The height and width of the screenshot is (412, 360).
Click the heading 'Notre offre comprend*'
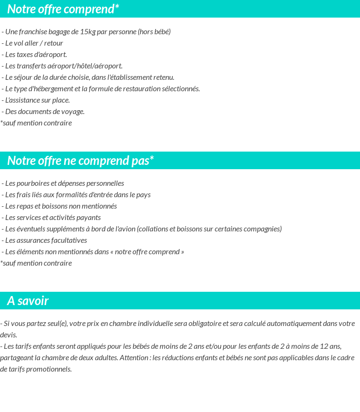(x=63, y=9)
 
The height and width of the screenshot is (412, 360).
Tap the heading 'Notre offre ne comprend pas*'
(x=80, y=161)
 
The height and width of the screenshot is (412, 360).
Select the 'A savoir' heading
(x=28, y=301)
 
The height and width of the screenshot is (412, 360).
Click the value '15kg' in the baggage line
(x=87, y=32)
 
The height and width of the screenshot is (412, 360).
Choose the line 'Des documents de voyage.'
(x=43, y=112)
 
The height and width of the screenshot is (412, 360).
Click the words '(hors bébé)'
(x=154, y=32)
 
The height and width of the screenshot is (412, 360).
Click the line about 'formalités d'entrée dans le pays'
(x=76, y=195)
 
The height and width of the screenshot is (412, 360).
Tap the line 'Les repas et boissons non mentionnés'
(x=59, y=206)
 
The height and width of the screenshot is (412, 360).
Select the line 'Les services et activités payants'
(x=51, y=218)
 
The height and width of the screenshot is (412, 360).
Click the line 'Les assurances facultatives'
(x=44, y=240)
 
